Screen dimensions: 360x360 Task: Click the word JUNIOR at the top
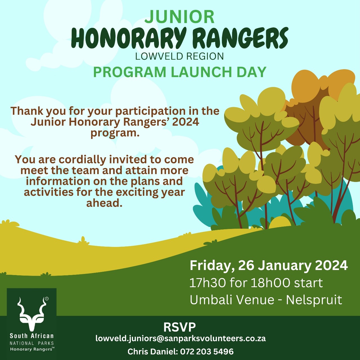(x=179, y=17)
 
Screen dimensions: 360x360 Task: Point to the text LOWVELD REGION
(x=179, y=56)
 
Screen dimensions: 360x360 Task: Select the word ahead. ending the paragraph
(x=104, y=203)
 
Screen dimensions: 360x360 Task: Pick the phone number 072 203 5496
(x=207, y=352)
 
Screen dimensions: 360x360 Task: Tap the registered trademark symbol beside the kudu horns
(x=47, y=299)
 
